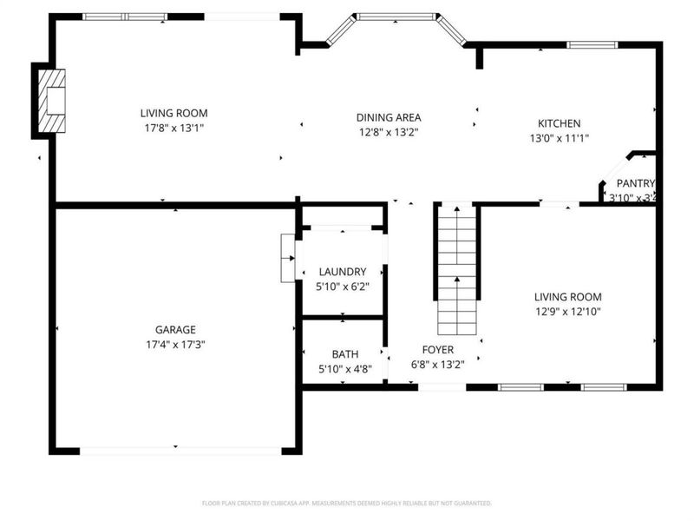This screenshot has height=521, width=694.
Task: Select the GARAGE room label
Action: (x=175, y=329)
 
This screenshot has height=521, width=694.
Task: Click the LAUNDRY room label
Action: (x=342, y=272)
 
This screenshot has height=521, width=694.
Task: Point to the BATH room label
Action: (x=344, y=354)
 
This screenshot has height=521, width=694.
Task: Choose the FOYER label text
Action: (x=438, y=350)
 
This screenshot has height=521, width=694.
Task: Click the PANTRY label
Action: (x=634, y=183)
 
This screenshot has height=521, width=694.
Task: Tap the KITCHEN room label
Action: (x=559, y=123)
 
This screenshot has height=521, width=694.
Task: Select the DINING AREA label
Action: (x=389, y=117)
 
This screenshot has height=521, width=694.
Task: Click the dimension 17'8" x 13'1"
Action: (x=174, y=128)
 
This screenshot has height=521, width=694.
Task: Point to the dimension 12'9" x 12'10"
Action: (x=567, y=311)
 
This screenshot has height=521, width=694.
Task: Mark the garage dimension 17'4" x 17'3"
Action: (x=175, y=344)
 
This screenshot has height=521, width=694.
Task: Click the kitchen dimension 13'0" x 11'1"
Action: (x=560, y=137)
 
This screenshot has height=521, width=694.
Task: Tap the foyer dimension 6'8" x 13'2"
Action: (x=438, y=365)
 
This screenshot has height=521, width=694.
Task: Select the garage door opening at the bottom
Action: (x=180, y=451)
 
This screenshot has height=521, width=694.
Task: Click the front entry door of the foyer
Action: (x=442, y=387)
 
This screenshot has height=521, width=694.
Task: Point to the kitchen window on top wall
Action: (x=592, y=44)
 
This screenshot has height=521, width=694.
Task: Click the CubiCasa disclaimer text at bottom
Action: (x=347, y=503)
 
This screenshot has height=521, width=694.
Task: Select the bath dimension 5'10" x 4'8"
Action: (x=344, y=369)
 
